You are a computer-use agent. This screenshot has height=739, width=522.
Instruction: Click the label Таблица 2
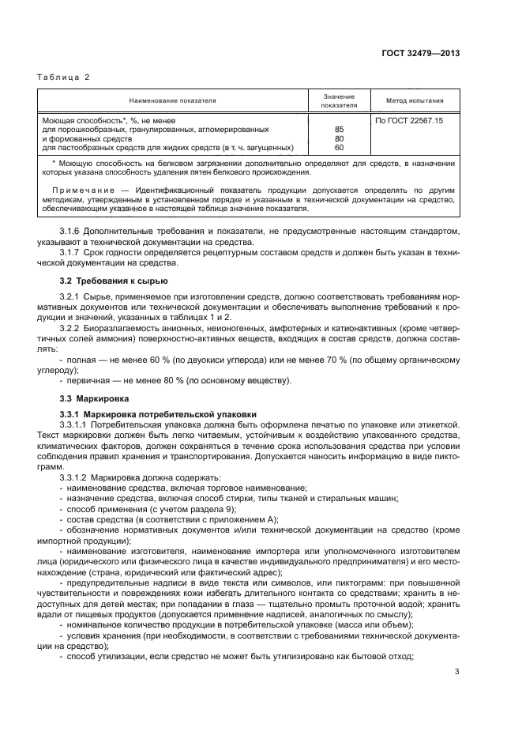(64, 77)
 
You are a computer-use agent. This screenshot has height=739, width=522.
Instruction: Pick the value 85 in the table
(339, 129)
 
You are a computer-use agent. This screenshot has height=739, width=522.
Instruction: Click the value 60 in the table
(339, 147)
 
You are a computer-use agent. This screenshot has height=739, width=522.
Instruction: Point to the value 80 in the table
(339, 138)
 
